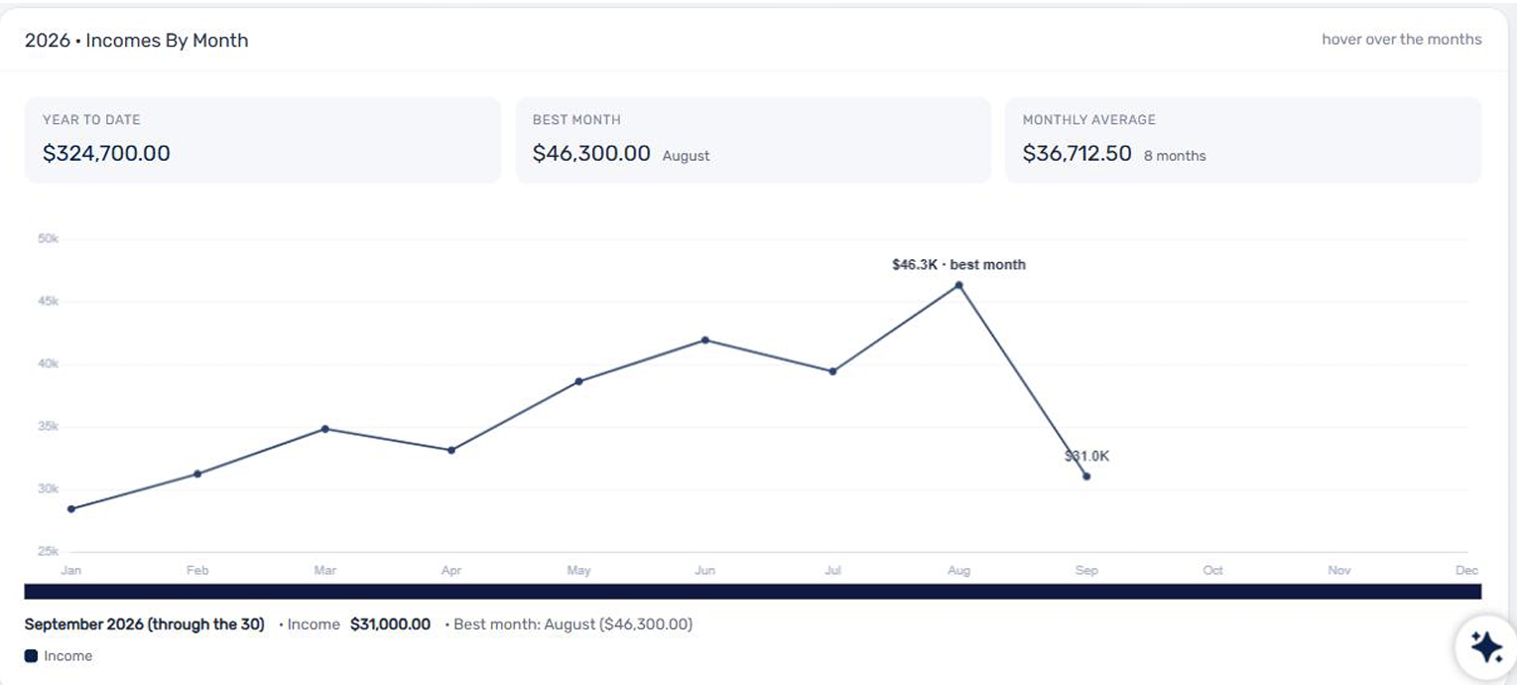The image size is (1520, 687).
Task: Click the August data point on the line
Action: pyautogui.click(x=958, y=286)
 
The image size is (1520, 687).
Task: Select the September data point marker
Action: pyautogui.click(x=1086, y=477)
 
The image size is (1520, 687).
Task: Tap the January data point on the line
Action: pyautogui.click(x=71, y=509)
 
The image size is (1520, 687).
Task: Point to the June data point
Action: pyautogui.click(x=705, y=341)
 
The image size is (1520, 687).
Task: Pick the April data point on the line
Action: pyautogui.click(x=451, y=450)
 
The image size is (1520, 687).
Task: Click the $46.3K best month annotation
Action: pyautogui.click(x=958, y=265)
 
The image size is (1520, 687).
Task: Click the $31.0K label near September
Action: pyautogui.click(x=1086, y=457)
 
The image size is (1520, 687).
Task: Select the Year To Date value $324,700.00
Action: pyautogui.click(x=106, y=154)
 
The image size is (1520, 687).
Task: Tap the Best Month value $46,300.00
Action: pyautogui.click(x=591, y=154)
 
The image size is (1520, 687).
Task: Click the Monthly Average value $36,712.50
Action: pyautogui.click(x=1077, y=154)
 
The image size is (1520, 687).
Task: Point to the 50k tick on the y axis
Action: pyautogui.click(x=49, y=238)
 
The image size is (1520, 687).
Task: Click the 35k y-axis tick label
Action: pyautogui.click(x=49, y=426)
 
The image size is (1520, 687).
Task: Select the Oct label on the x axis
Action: pyautogui.click(x=1212, y=570)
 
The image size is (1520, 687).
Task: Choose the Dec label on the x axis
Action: pyautogui.click(x=1466, y=570)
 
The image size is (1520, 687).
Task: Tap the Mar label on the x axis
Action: pyautogui.click(x=325, y=570)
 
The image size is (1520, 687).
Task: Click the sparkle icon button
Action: pyautogui.click(x=1486, y=647)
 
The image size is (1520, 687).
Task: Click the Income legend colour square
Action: pyautogui.click(x=31, y=656)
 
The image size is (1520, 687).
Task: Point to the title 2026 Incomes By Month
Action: pyautogui.click(x=136, y=40)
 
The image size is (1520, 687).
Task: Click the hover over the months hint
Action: pyautogui.click(x=1401, y=40)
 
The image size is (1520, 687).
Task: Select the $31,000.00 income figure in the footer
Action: pyautogui.click(x=390, y=624)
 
